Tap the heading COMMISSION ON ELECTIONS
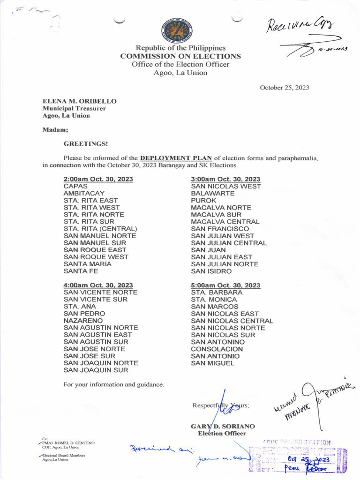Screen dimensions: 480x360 [x=180, y=56]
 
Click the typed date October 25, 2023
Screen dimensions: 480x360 [x=285, y=88]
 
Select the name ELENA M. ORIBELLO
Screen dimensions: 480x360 [x=80, y=101]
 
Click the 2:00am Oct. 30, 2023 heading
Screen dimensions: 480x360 [x=98, y=179]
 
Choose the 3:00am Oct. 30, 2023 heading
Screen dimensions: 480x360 [x=225, y=179]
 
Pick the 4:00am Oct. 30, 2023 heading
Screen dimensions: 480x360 [x=98, y=285]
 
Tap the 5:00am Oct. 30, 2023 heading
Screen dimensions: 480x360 [x=225, y=285]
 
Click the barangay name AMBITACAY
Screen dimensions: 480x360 [x=84, y=193]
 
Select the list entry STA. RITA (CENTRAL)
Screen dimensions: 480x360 [x=100, y=229]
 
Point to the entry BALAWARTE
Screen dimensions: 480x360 [x=213, y=193]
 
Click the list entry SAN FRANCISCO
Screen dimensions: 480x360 [x=220, y=229]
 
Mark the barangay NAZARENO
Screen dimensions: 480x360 [x=83, y=321]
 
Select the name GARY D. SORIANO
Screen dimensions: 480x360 [x=223, y=427]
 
